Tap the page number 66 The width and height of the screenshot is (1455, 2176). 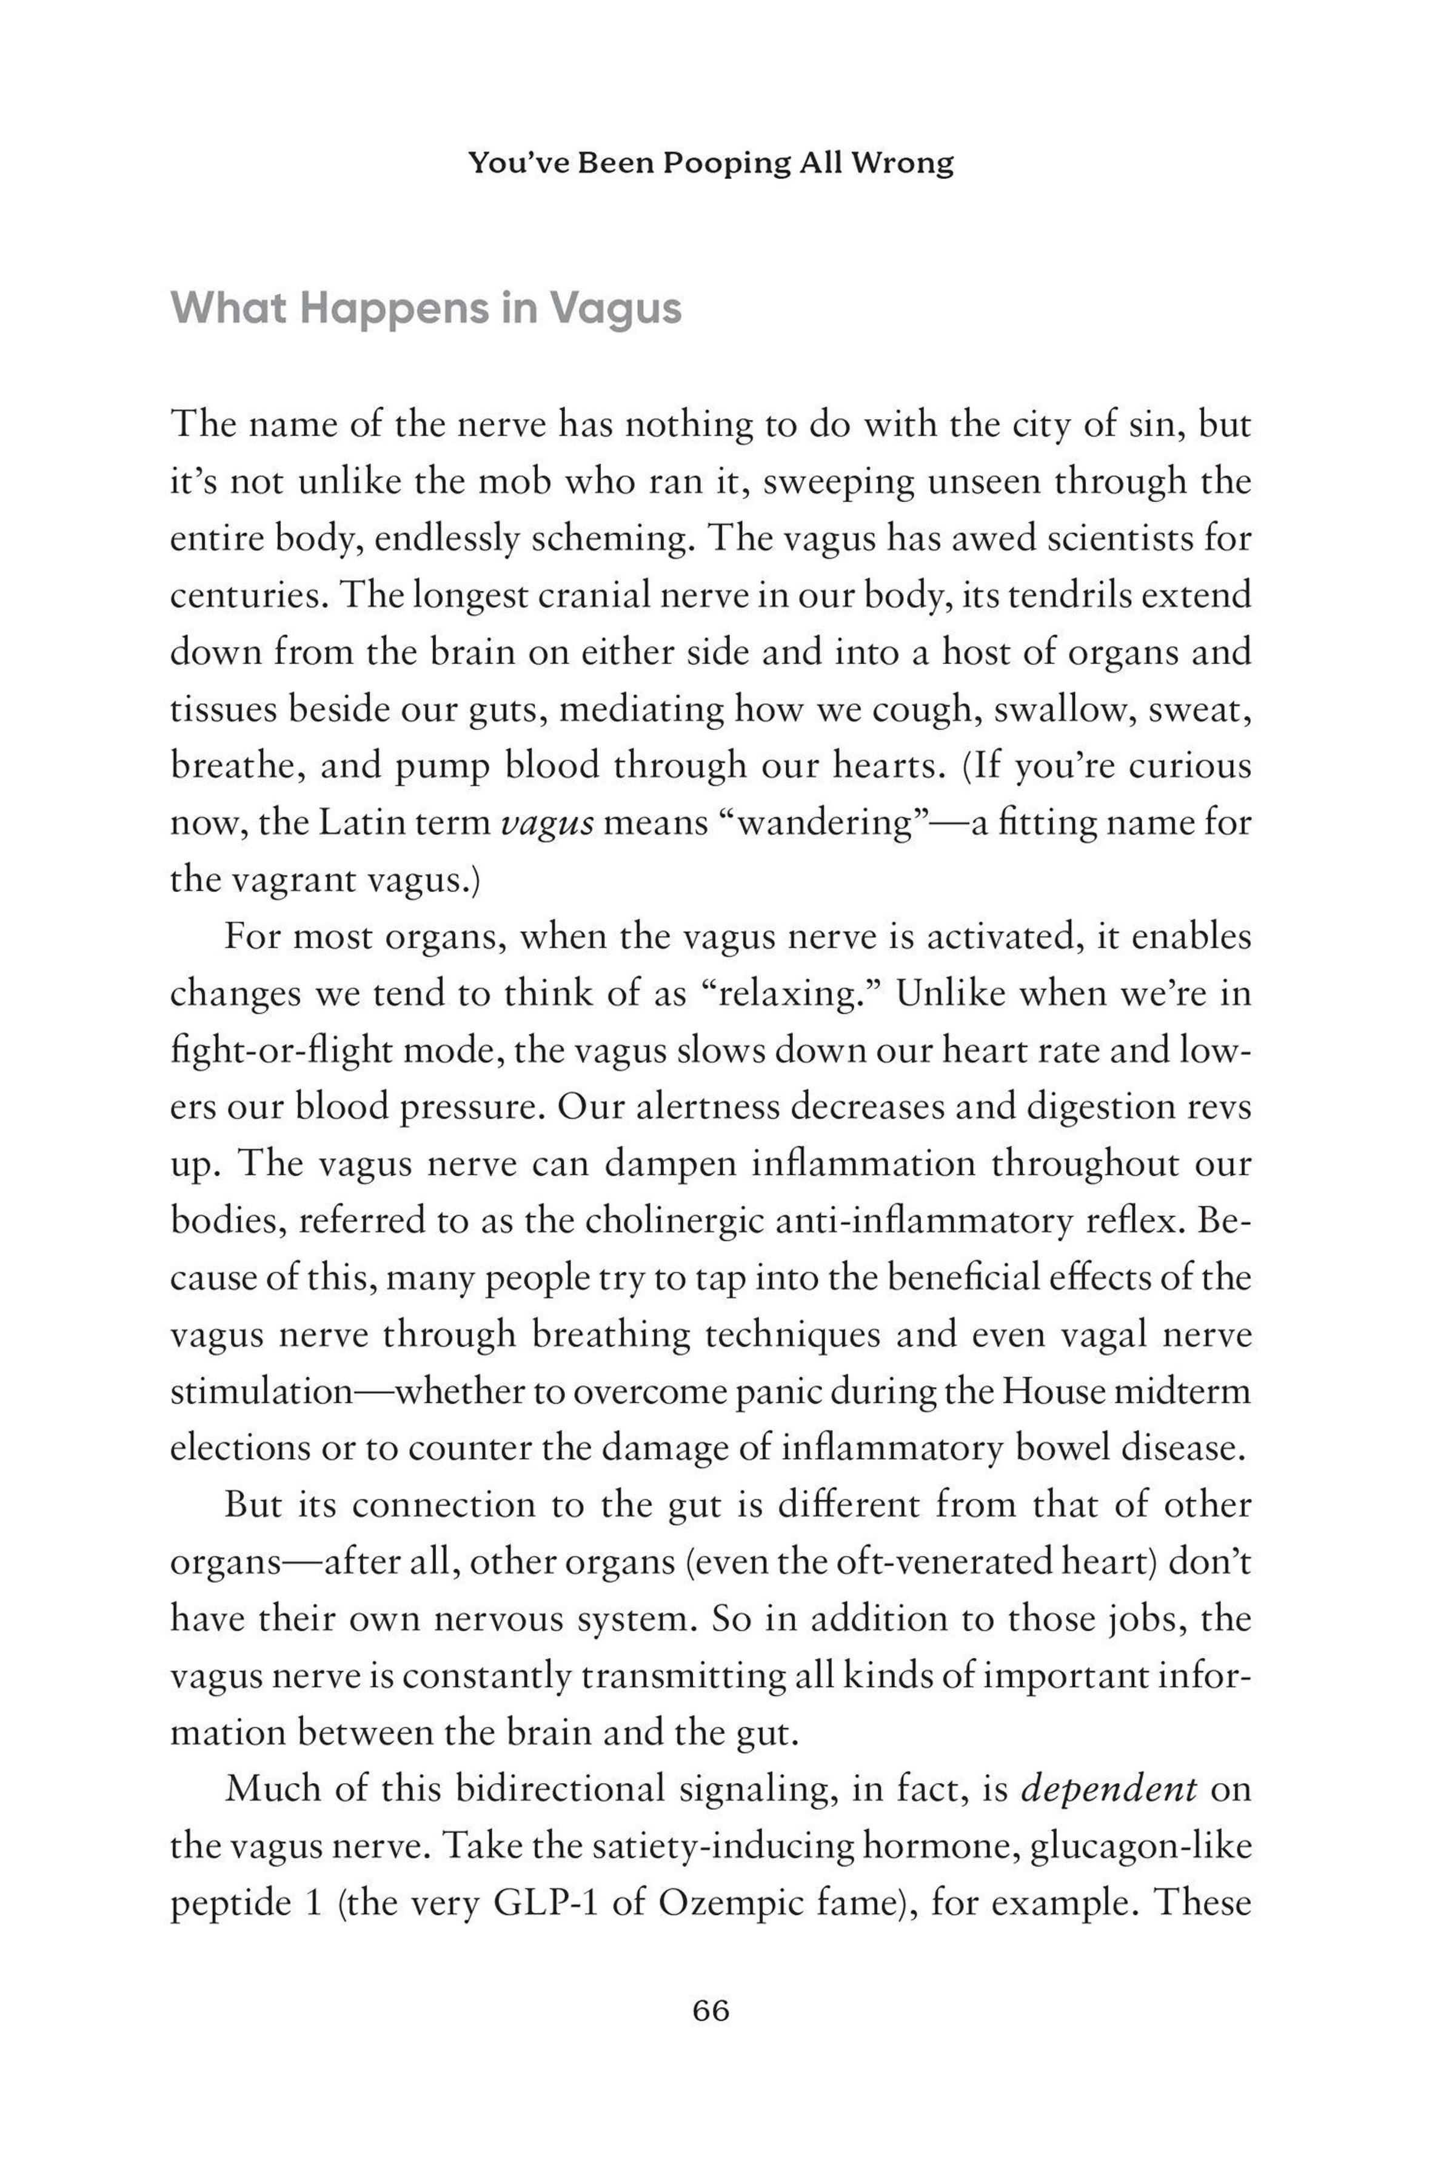click(711, 2011)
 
